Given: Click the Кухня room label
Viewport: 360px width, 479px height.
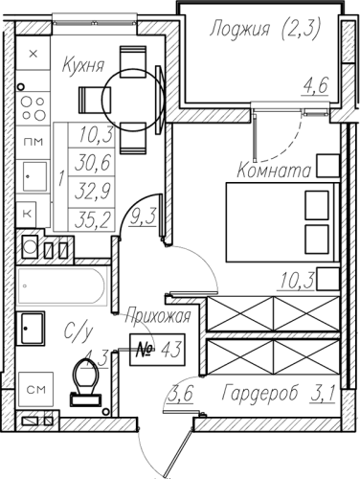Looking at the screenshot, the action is (x=83, y=66).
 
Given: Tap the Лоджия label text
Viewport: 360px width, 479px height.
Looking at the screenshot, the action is (x=240, y=30).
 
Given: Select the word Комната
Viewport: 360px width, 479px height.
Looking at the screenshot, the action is (x=274, y=171).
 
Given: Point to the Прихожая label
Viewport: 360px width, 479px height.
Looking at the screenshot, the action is (x=158, y=317).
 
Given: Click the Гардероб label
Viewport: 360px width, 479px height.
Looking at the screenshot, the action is (x=260, y=394).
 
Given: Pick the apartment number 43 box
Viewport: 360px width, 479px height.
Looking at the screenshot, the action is (x=157, y=350).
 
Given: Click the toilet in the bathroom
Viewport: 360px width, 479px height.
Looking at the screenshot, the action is (x=85, y=381).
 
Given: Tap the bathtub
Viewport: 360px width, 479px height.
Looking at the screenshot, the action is (x=62, y=286).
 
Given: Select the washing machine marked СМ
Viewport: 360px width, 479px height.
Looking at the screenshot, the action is (x=35, y=389).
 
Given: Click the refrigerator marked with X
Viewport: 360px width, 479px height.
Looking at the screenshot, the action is (x=33, y=54).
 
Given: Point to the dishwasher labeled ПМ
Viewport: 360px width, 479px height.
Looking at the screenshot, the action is (x=33, y=142).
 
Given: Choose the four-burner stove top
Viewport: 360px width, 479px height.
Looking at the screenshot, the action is (x=33, y=108).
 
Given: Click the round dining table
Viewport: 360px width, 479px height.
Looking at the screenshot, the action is (x=132, y=100).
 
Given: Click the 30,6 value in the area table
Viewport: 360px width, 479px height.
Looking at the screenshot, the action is (x=93, y=162).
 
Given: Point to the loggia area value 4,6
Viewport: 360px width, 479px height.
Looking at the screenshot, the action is (x=315, y=86).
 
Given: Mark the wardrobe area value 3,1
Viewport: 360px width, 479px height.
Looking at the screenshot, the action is (x=323, y=394).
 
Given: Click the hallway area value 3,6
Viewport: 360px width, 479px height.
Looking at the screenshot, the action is (x=180, y=394).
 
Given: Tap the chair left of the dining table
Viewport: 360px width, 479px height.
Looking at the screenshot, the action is (x=95, y=100).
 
